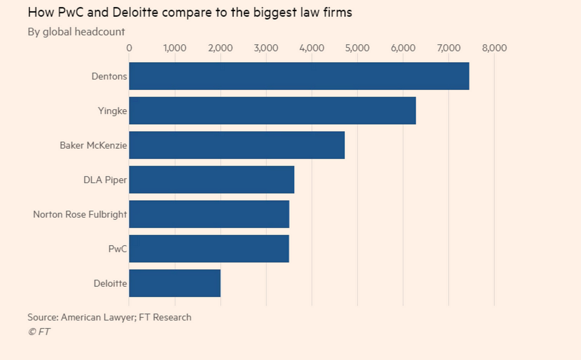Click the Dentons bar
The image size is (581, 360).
[299, 76]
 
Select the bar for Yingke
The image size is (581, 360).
[272, 110]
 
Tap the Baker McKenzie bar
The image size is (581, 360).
[236, 145]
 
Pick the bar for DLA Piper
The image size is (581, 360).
[211, 179]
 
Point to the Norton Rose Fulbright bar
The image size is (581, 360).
[209, 214]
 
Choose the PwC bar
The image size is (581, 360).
[209, 249]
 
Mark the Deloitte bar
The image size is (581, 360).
[174, 283]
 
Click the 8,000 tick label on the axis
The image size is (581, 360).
[494, 48]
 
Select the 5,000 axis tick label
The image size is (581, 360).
[357, 48]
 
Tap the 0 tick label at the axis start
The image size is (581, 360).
[129, 48]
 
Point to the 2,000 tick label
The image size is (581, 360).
[220, 48]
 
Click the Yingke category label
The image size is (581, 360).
[113, 110]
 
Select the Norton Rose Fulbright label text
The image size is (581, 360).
[80, 214]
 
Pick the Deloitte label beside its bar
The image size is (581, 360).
[110, 283]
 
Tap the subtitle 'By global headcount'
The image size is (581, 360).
[76, 31]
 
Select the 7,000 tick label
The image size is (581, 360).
[448, 48]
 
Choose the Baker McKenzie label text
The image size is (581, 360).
[93, 145]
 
